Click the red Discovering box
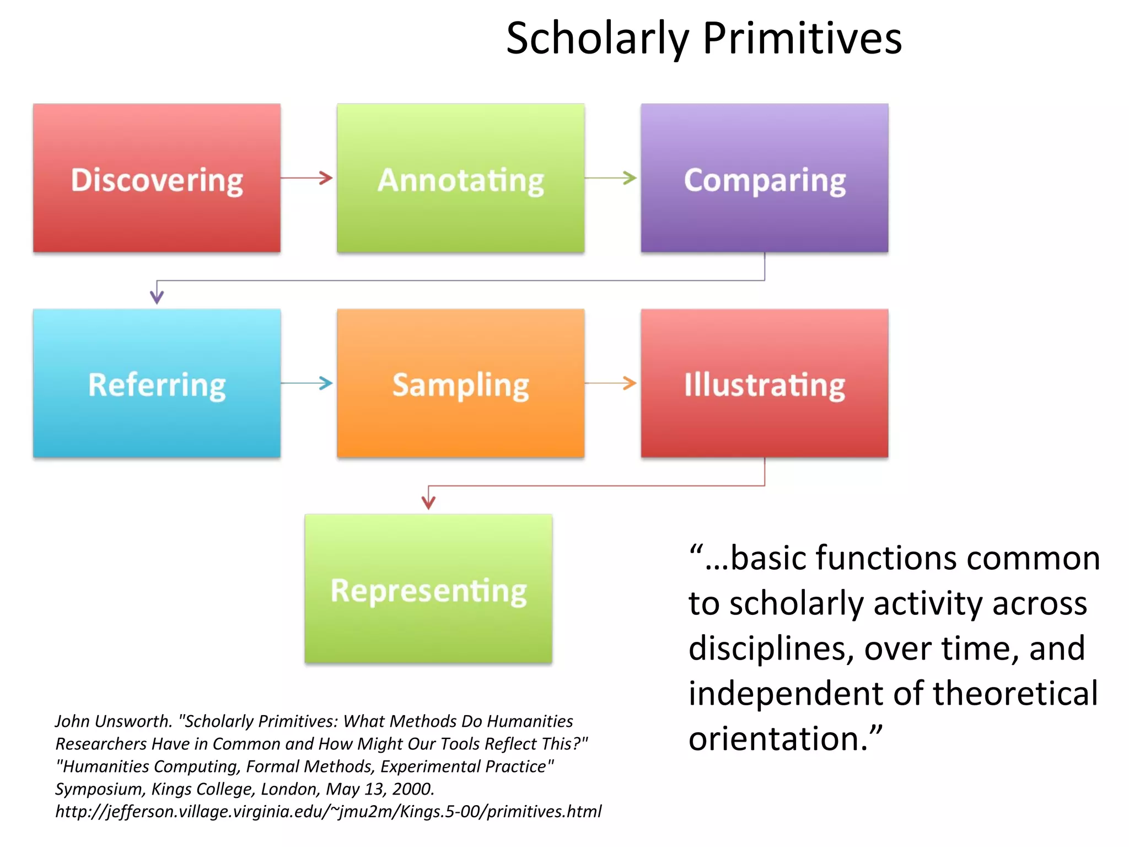[x=157, y=178]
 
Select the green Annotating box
[x=460, y=178]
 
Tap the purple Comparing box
[x=764, y=178]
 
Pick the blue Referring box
[x=157, y=383]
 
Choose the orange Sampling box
[x=460, y=383]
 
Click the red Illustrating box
[x=764, y=383]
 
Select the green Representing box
[x=428, y=588]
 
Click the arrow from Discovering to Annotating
[x=308, y=178]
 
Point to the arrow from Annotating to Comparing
[x=611, y=178]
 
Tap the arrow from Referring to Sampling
[x=308, y=383]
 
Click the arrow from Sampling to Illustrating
[x=611, y=383]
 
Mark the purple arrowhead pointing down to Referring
[x=157, y=297]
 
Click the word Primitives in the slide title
[x=802, y=39]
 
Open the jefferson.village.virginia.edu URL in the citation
[x=329, y=811]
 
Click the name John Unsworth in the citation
[x=114, y=721]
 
